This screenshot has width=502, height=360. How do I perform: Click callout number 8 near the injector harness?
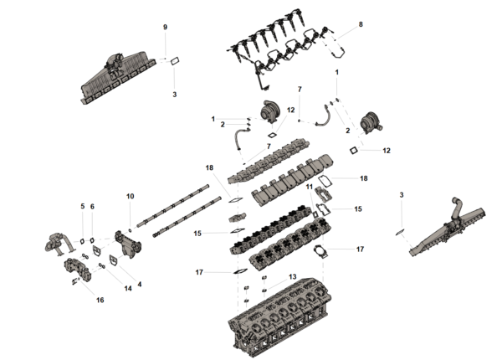[361, 24]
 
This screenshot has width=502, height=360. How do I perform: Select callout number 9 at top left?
[165, 28]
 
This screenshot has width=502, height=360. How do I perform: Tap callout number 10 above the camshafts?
[130, 196]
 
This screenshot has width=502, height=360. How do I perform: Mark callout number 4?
[140, 284]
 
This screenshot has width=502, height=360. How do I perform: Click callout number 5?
[82, 206]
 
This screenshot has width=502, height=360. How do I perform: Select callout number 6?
[92, 206]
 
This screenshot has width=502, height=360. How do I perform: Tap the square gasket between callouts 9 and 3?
[175, 60]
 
